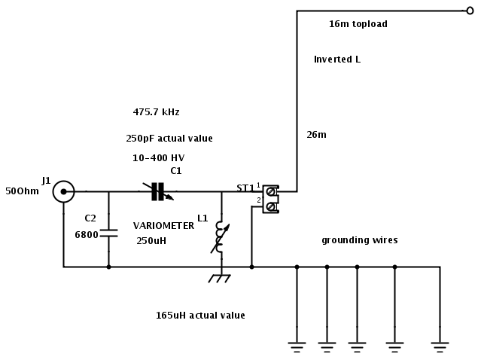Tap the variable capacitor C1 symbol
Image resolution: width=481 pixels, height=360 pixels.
(158, 191)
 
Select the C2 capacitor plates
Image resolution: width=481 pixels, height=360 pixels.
(109, 233)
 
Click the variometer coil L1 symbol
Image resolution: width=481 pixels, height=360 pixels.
(221, 237)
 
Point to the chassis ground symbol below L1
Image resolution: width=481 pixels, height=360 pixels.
(220, 279)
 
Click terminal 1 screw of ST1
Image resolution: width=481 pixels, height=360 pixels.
(270, 192)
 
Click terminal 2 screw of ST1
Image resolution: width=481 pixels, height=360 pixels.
(270, 207)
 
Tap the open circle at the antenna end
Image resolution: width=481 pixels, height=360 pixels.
(470, 11)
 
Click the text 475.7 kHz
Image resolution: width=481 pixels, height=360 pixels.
(156, 112)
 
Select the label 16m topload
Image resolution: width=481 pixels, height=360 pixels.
(358, 24)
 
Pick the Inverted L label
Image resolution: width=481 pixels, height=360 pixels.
(337, 59)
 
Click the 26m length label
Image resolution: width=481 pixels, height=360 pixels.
(316, 134)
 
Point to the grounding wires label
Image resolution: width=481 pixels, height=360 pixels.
(360, 240)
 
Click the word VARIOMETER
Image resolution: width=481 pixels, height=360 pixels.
(163, 226)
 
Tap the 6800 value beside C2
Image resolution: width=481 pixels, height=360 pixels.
(87, 235)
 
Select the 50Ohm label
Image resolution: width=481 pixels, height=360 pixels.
(22, 191)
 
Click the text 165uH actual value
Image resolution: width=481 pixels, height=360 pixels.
(200, 316)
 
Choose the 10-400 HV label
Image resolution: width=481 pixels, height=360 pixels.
(158, 158)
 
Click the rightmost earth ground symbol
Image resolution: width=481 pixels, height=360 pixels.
(440, 346)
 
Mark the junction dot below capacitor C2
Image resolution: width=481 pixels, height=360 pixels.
(109, 267)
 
